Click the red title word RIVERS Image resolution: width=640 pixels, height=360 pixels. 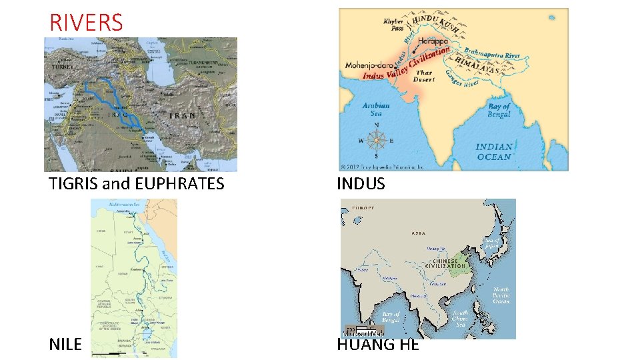(86, 23)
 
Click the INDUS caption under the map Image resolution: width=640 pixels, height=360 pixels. (361, 184)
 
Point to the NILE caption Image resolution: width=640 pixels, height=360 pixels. (65, 344)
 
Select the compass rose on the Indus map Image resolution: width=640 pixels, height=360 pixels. (377, 140)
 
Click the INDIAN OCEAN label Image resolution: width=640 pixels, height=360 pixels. (494, 152)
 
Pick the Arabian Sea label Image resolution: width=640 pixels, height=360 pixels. (376, 109)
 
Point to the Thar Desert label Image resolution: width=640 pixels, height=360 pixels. (424, 76)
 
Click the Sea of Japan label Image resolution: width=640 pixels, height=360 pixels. (491, 243)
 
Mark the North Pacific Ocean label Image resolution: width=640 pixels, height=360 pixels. (501, 296)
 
